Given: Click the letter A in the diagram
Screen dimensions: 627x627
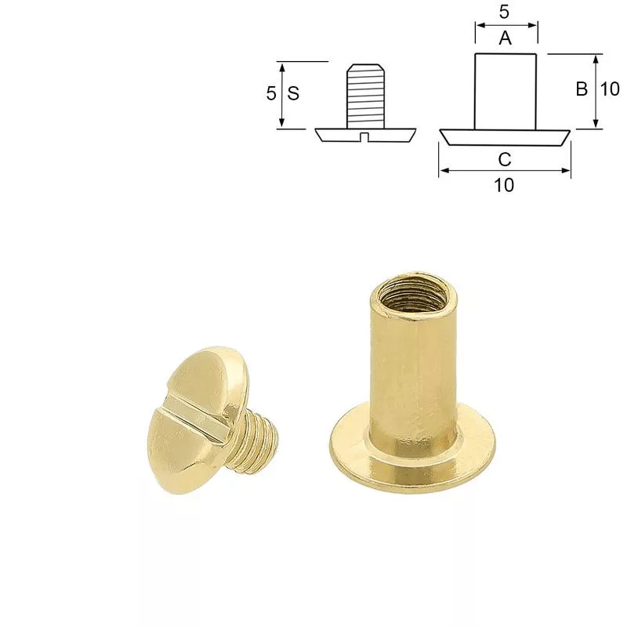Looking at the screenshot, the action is click(x=506, y=38).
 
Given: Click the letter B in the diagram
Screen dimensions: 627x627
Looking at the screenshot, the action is click(x=582, y=89).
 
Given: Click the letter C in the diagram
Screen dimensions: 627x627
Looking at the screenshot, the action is click(x=505, y=160).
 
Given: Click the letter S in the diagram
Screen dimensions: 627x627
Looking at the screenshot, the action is click(x=293, y=93).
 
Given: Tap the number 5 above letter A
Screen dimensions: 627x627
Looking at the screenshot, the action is click(x=504, y=13).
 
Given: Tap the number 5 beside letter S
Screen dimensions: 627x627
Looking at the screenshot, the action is click(x=271, y=93).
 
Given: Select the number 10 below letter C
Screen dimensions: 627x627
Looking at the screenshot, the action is click(x=504, y=185).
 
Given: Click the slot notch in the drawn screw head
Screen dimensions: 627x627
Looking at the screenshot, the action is click(x=364, y=137).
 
